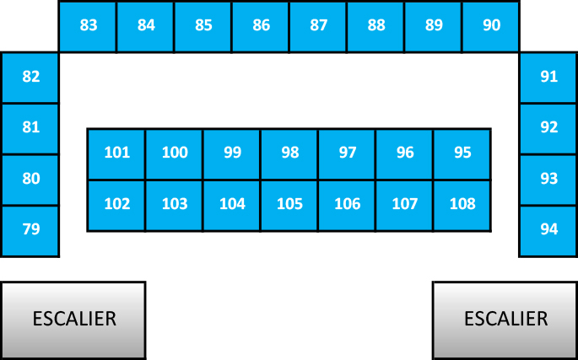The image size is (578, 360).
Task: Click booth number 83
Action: [88, 26]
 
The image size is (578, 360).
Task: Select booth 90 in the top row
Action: [491, 26]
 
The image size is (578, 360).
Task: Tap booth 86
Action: [261, 26]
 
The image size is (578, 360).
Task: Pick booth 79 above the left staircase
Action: [30, 231]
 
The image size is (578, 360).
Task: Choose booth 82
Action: [30, 78]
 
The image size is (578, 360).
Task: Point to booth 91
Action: [548, 78]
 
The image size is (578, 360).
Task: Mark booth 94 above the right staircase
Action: [548, 231]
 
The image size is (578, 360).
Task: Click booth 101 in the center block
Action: [116, 154]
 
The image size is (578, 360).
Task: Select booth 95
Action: [462, 154]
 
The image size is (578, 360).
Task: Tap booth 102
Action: [116, 206]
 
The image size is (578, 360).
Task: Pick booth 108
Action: [462, 206]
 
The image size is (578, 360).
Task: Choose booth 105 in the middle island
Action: [289, 206]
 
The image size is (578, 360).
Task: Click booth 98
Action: [289, 154]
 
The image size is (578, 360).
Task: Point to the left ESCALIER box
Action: [73, 320]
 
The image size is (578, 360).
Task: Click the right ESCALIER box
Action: [505, 320]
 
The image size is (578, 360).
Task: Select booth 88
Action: [375, 26]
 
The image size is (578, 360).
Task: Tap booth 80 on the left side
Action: [30, 180]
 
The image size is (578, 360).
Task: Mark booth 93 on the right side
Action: [548, 180]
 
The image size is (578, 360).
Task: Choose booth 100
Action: [175, 154]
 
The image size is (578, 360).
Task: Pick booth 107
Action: [404, 206]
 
